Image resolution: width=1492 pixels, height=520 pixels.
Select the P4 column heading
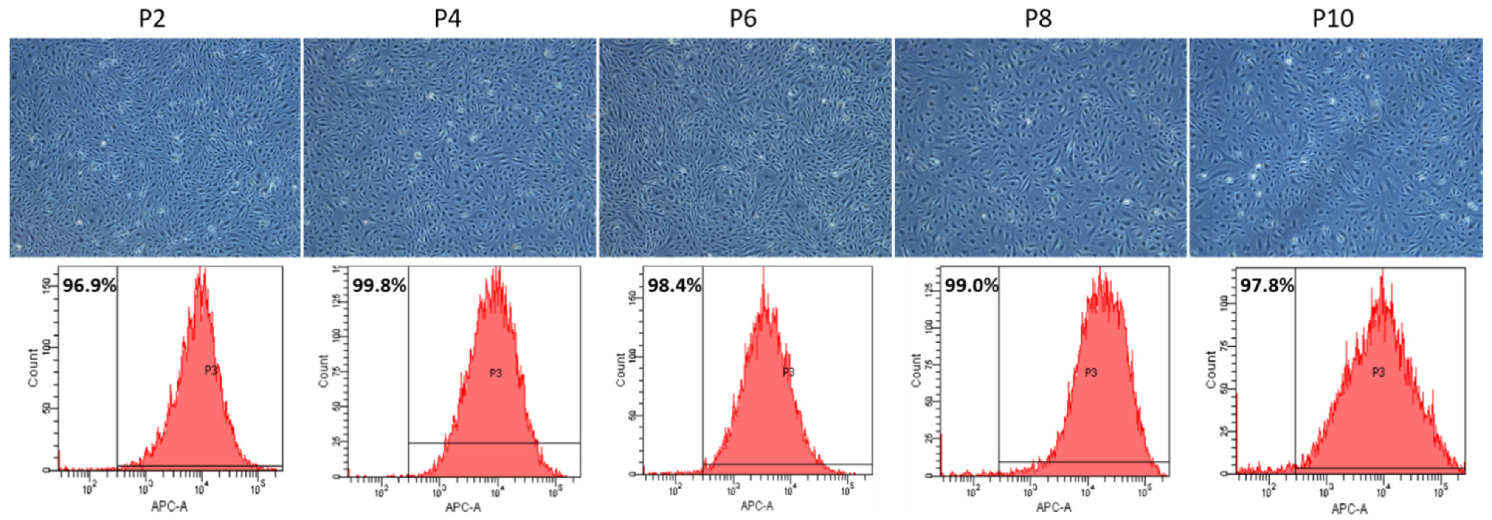(448, 19)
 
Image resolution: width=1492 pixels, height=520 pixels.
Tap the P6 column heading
(743, 19)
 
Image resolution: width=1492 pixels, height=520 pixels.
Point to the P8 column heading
(1039, 19)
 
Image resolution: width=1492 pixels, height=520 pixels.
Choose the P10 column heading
(1333, 19)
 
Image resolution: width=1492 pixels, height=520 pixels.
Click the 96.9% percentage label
(90, 286)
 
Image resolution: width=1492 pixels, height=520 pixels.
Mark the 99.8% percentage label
(380, 286)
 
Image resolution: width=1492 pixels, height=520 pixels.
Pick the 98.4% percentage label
(674, 286)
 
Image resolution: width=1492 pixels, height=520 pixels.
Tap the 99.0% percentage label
(971, 286)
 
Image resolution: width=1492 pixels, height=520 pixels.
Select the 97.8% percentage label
(1267, 286)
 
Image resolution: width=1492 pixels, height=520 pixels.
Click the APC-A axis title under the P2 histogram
(169, 507)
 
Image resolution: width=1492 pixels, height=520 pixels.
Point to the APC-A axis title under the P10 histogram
(1349, 509)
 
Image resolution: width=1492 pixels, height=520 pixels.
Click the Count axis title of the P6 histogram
(620, 369)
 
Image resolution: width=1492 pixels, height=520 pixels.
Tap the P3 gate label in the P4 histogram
(496, 374)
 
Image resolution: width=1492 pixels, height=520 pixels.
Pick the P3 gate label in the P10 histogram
(1379, 372)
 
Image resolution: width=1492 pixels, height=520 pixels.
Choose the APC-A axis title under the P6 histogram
(757, 506)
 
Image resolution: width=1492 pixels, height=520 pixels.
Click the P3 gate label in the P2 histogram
(211, 370)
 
